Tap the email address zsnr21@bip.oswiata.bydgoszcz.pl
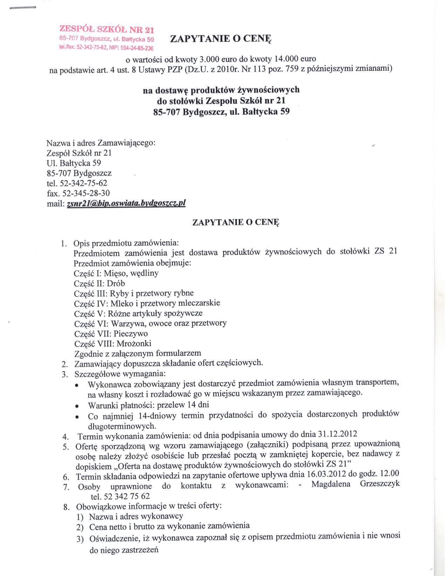pyautogui.click(x=126, y=203)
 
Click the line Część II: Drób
pyautogui.click(x=100, y=283)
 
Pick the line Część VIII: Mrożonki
pyautogui.click(x=113, y=343)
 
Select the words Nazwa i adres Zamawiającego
pyautogui.click(x=101, y=143)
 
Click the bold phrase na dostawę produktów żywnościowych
pyautogui.click(x=221, y=90)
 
